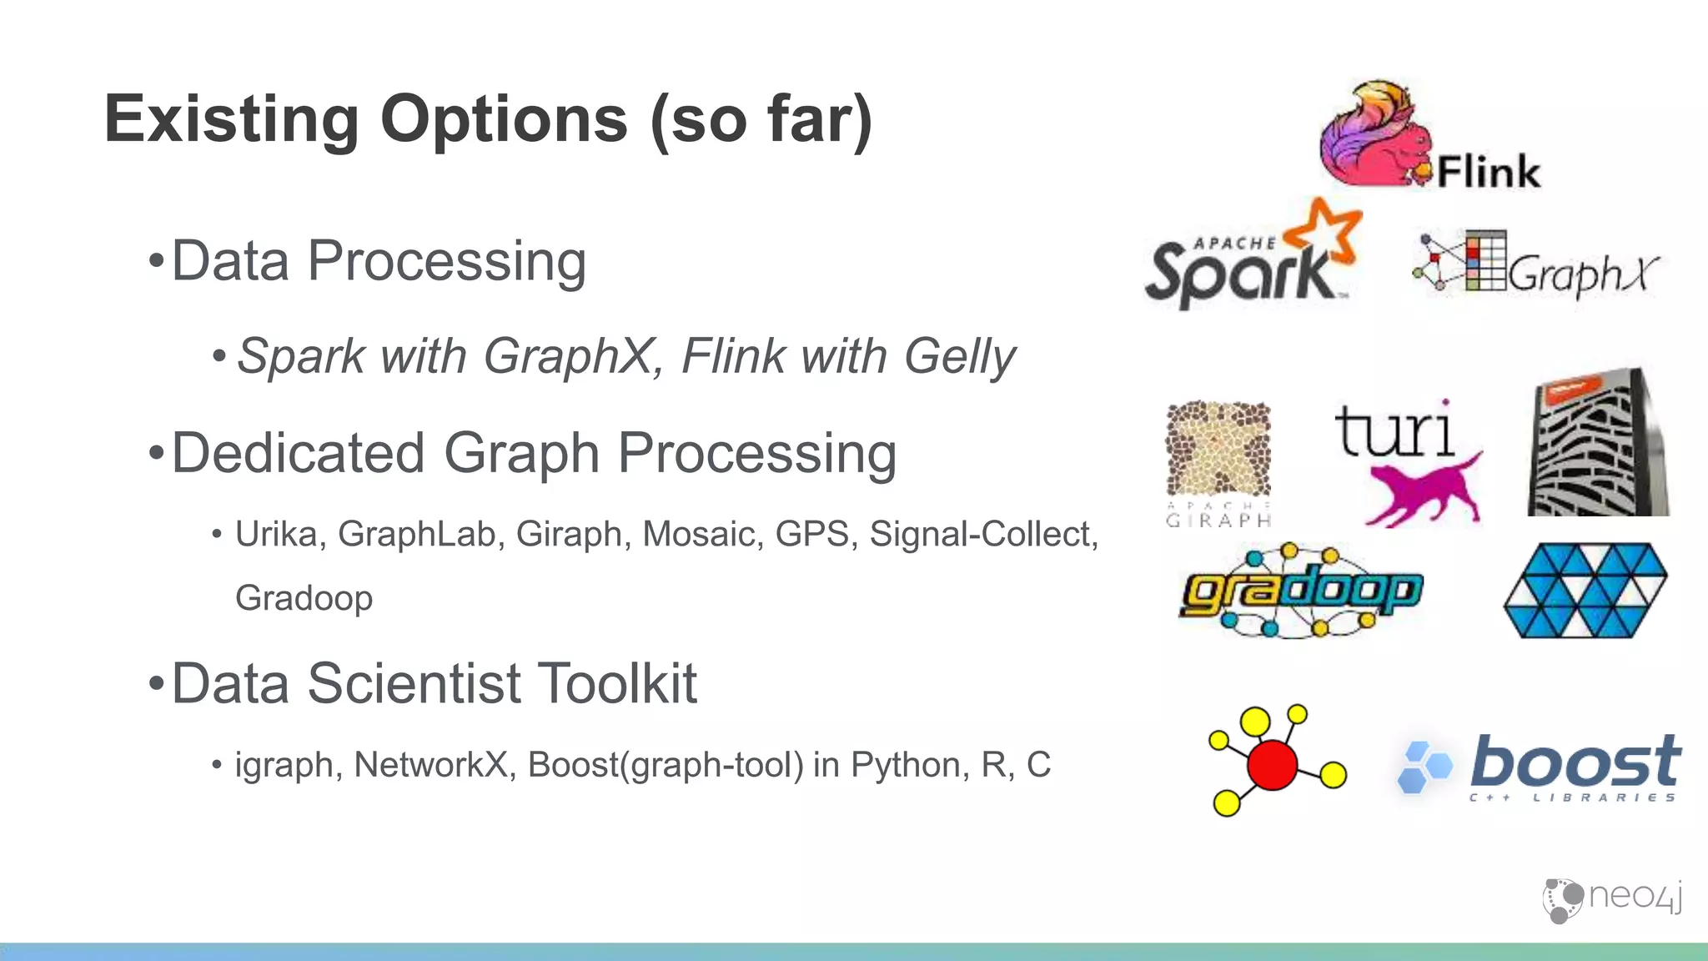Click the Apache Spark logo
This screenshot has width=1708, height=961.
pos(1251,259)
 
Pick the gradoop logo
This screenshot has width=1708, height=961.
pos(1301,591)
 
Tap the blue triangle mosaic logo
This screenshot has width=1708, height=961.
pos(1585,591)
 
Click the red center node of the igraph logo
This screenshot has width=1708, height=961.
pos(1272,763)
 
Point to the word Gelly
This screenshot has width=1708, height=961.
pos(959,357)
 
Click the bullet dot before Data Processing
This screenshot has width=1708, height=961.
pos(156,262)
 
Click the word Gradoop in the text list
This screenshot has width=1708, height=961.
pos(304,598)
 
